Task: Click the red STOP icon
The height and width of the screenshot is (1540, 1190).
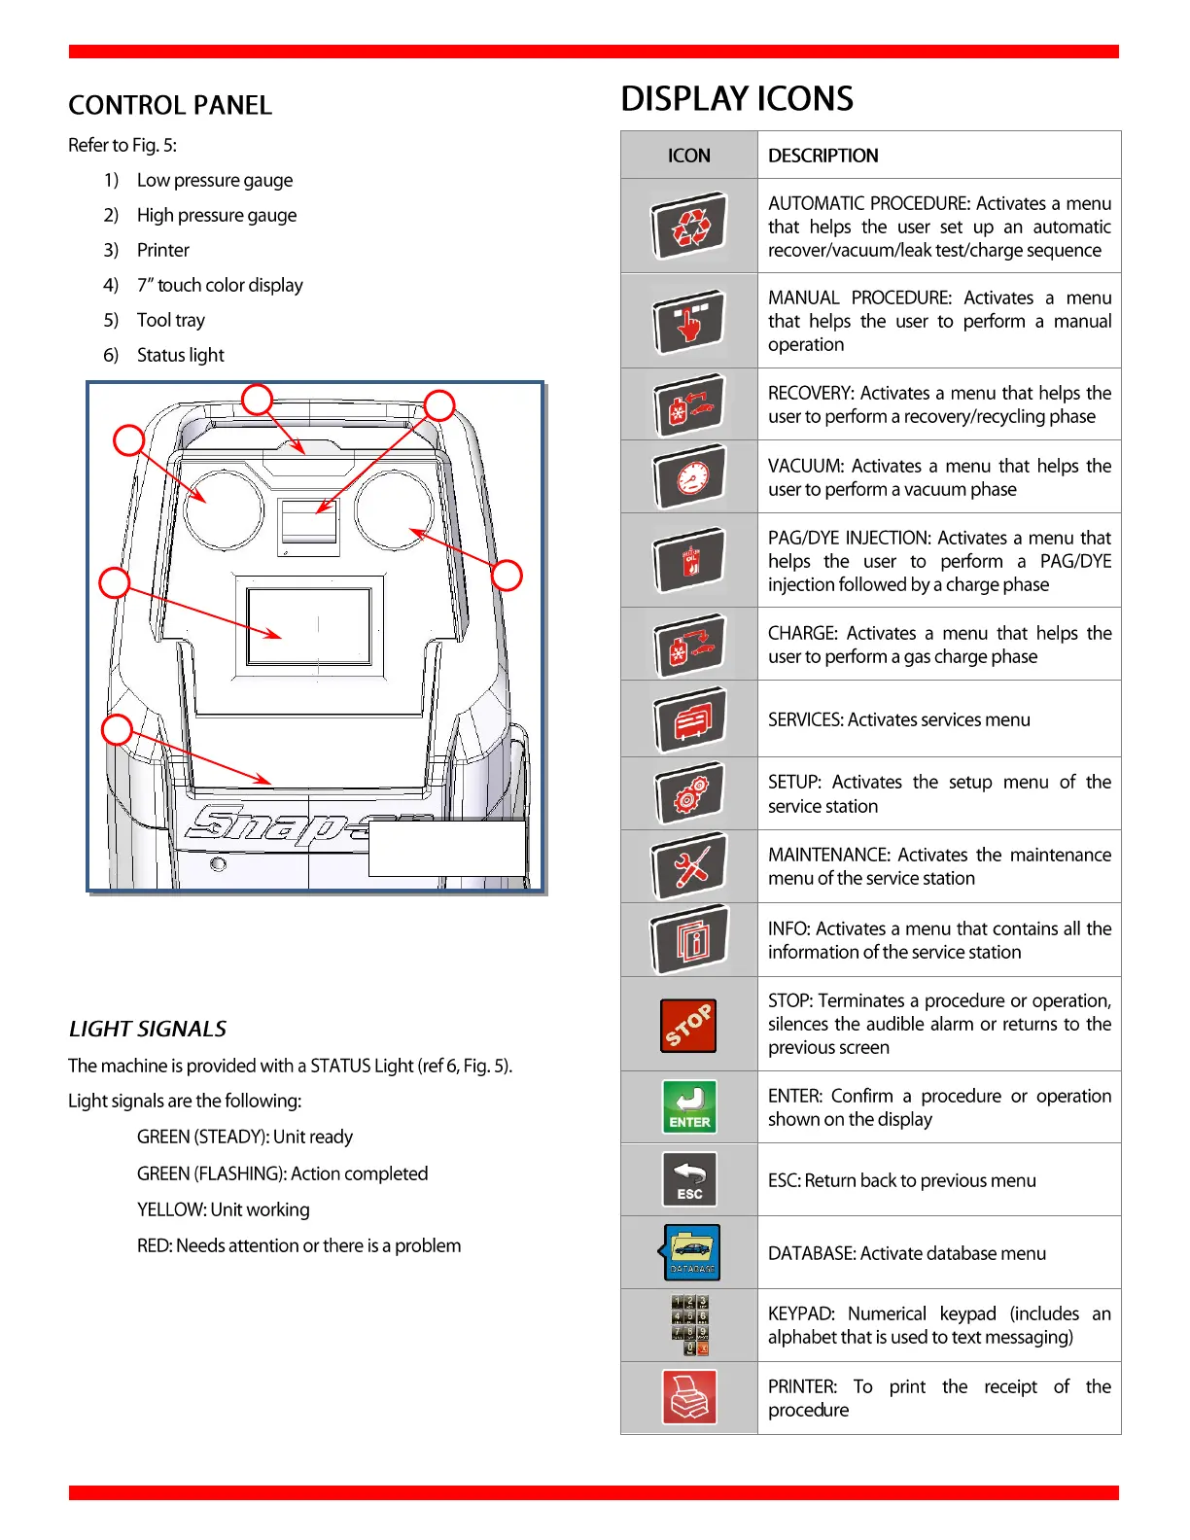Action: (688, 1025)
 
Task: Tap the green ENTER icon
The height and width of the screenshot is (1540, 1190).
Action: (689, 1106)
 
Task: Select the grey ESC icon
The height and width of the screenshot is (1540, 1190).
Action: (689, 1179)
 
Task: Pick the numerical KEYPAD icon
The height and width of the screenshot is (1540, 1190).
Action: (689, 1325)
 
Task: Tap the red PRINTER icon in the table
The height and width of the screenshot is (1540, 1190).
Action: (689, 1397)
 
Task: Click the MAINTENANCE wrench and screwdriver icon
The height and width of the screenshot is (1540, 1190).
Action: (689, 865)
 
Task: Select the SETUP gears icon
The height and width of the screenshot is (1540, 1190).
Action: (689, 793)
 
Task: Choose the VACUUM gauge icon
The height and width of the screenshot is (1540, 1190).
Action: (689, 476)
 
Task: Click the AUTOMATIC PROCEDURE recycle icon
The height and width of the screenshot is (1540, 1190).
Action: (689, 226)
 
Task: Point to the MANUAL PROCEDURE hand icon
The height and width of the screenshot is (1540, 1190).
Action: (689, 321)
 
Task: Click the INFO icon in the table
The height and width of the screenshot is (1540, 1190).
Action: (689, 939)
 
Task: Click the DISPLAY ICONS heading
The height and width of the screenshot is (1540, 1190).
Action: (737, 99)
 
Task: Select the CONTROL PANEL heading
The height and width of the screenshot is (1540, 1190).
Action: (170, 105)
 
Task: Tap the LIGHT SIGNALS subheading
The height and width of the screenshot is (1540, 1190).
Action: (148, 1029)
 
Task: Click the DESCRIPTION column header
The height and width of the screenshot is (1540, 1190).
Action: (823, 156)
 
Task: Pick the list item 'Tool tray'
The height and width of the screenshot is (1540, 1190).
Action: (171, 320)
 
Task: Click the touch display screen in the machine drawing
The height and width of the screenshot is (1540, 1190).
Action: (309, 627)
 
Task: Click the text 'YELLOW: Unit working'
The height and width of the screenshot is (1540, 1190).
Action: (224, 1209)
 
